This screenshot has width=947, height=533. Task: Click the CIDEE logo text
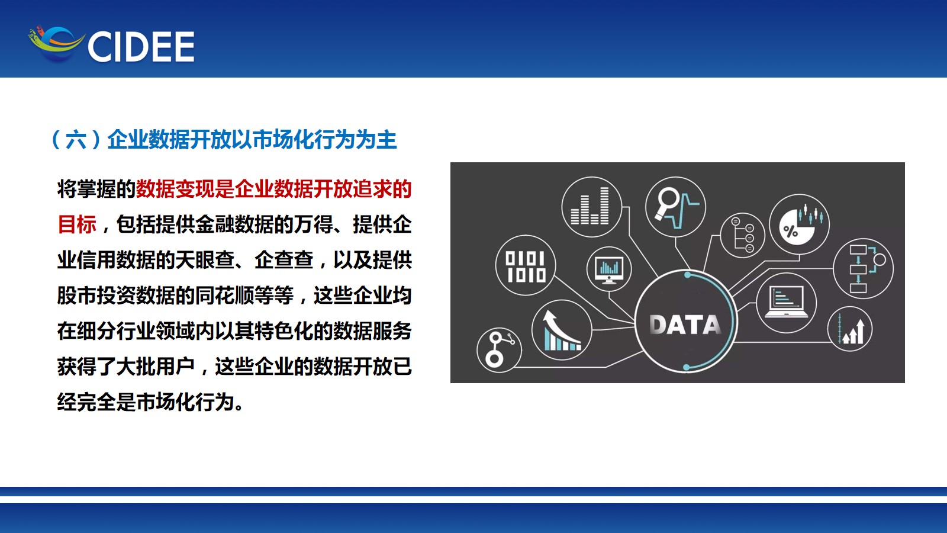(x=141, y=47)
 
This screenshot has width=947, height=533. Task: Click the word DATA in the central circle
(x=685, y=325)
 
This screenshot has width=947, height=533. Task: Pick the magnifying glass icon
(x=667, y=204)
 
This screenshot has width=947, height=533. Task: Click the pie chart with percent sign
(x=799, y=225)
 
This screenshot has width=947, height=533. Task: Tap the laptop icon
(x=787, y=301)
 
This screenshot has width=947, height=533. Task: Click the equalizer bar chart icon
(x=590, y=206)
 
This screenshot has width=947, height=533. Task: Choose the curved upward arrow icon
(x=562, y=330)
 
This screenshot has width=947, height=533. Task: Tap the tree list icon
(x=743, y=235)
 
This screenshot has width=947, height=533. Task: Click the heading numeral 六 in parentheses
(x=76, y=140)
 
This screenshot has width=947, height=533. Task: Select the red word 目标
(x=77, y=224)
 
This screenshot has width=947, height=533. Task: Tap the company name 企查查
(x=284, y=260)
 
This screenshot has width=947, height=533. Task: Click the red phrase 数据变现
(x=175, y=189)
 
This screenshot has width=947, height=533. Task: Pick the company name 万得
(x=313, y=224)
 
